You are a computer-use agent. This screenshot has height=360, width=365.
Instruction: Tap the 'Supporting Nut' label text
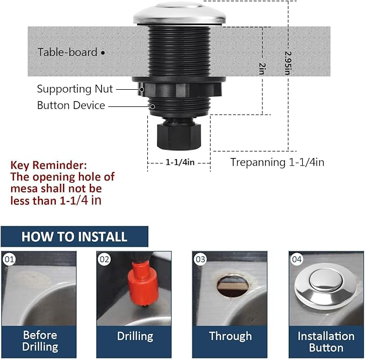pyautogui.click(x=75, y=89)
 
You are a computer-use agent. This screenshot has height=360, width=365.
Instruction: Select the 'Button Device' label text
pyautogui.click(x=70, y=105)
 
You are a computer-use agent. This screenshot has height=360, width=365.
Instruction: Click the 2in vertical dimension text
pyautogui.click(x=262, y=68)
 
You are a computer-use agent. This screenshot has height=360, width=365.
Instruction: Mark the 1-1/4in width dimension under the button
pyautogui.click(x=179, y=161)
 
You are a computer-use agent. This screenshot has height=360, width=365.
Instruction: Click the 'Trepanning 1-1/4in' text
pyautogui.click(x=277, y=162)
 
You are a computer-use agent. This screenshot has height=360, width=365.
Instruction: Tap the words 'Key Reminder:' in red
pyautogui.click(x=48, y=165)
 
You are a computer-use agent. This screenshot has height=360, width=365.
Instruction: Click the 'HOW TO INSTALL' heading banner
pyautogui.click(x=74, y=236)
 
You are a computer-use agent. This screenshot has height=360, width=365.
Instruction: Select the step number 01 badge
pyautogui.click(x=9, y=260)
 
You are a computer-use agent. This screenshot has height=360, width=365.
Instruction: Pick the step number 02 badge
pyautogui.click(x=105, y=260)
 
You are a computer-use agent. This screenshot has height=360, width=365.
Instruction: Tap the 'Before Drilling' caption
pyautogui.click(x=40, y=341)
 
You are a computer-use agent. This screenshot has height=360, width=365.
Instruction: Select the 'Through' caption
pyautogui.click(x=230, y=336)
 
